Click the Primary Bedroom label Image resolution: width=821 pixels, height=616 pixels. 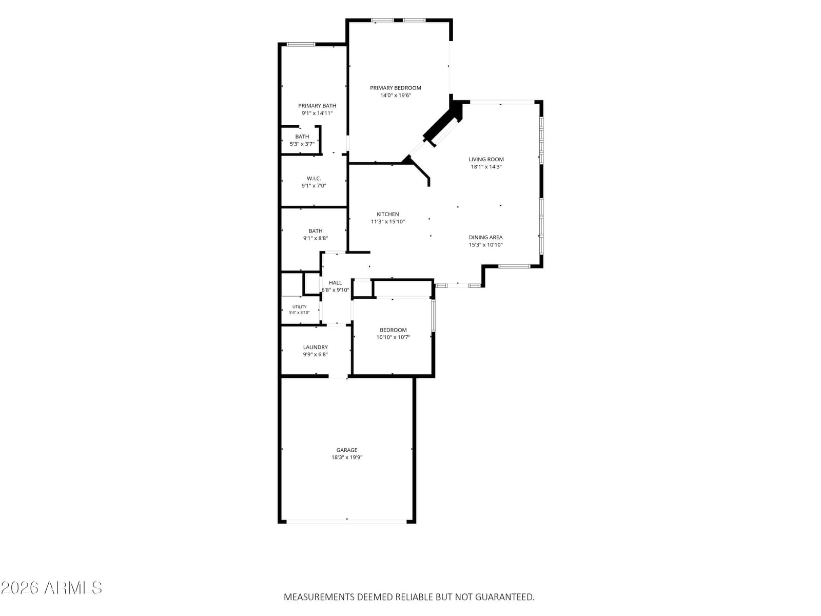point(395,88)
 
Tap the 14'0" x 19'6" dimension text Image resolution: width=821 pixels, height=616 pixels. point(395,95)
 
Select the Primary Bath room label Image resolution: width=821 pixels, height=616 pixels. point(317,106)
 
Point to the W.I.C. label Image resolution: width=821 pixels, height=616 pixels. point(314,179)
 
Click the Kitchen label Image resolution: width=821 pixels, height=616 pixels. point(387,214)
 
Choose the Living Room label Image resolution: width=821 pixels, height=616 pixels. point(486,159)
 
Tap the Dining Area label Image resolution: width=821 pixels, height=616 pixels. point(485,238)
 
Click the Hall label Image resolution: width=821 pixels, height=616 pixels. point(335,283)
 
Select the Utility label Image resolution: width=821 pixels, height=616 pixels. point(299,306)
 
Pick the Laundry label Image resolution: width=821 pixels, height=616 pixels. point(315,347)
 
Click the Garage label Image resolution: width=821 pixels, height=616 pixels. point(347,450)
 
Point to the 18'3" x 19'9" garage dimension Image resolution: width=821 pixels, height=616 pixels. point(347,457)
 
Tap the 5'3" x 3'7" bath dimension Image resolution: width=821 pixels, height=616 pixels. point(302,144)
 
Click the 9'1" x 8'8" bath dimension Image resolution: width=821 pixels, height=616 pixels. point(315,238)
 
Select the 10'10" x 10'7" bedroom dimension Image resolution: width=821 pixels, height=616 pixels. point(393,337)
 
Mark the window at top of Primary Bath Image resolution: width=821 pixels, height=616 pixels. point(301,45)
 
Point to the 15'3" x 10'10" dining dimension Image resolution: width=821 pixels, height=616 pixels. point(485,245)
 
